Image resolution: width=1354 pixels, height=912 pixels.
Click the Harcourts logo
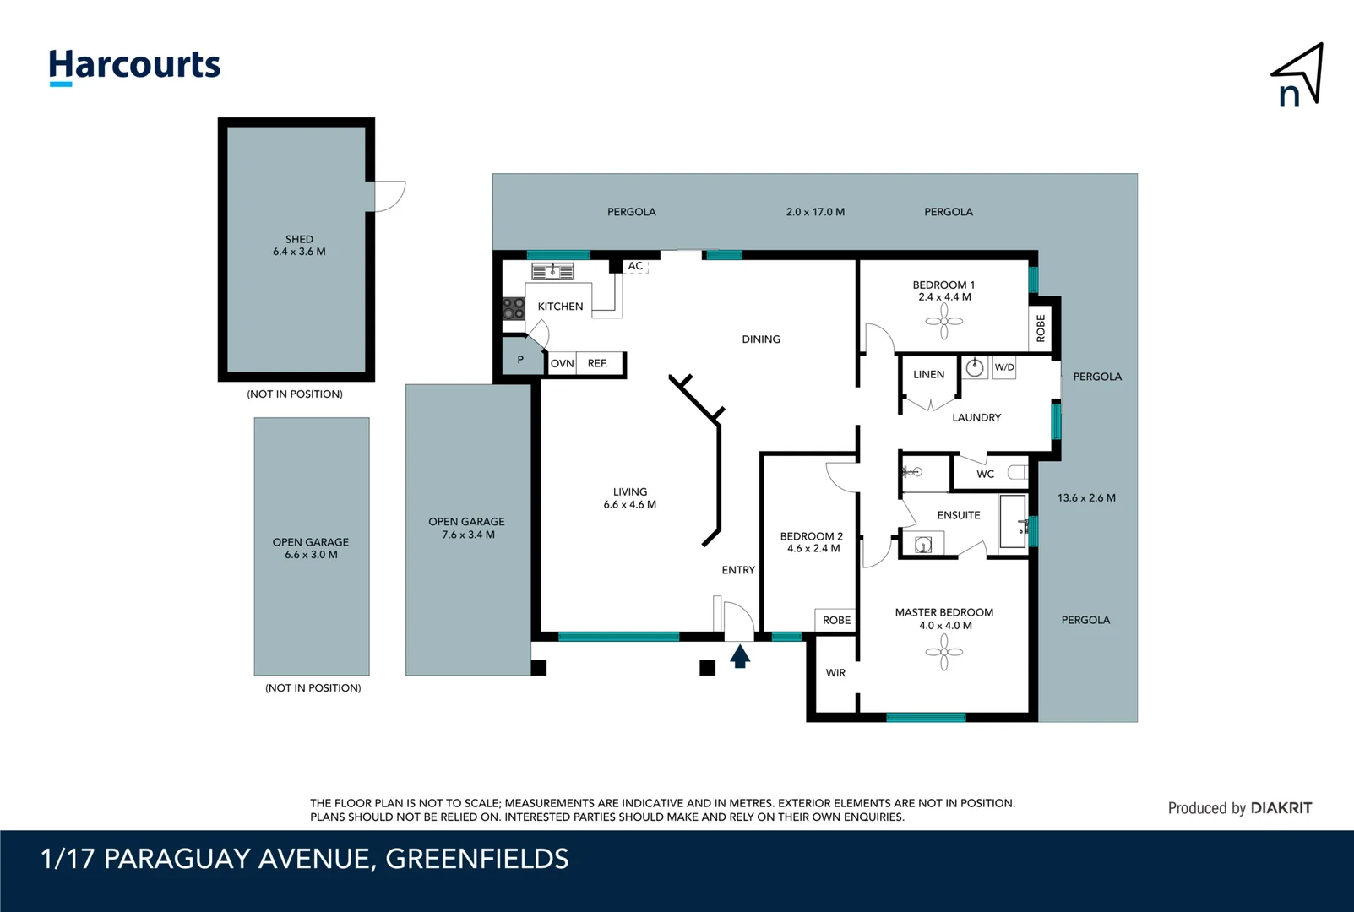(x=134, y=66)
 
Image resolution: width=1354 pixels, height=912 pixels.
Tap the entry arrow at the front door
(x=740, y=656)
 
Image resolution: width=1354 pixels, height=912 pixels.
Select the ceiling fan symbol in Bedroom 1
(x=944, y=321)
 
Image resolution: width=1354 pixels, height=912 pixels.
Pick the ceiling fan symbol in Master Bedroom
(x=944, y=652)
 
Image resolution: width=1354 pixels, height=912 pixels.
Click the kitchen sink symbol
(x=552, y=271)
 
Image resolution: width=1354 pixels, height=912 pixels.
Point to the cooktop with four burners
(x=514, y=308)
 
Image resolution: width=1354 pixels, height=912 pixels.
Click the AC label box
(x=635, y=266)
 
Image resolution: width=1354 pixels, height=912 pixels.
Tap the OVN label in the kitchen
(x=562, y=363)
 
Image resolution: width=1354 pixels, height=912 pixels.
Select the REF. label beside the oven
(x=598, y=363)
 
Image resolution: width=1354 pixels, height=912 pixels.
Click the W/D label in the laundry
(x=1004, y=367)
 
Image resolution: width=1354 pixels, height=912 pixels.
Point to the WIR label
(x=835, y=673)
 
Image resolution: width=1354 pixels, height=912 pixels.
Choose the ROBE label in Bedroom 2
(x=836, y=620)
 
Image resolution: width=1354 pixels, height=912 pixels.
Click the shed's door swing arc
(x=390, y=196)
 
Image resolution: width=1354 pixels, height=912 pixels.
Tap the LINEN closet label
(x=928, y=374)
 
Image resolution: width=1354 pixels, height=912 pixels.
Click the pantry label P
(x=520, y=360)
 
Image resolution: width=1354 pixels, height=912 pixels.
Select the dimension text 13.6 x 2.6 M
(x=1086, y=498)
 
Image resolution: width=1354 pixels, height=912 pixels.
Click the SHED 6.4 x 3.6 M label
(x=299, y=245)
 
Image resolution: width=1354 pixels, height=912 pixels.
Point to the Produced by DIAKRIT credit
(x=1239, y=808)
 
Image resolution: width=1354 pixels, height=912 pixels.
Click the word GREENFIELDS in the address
(x=477, y=859)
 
